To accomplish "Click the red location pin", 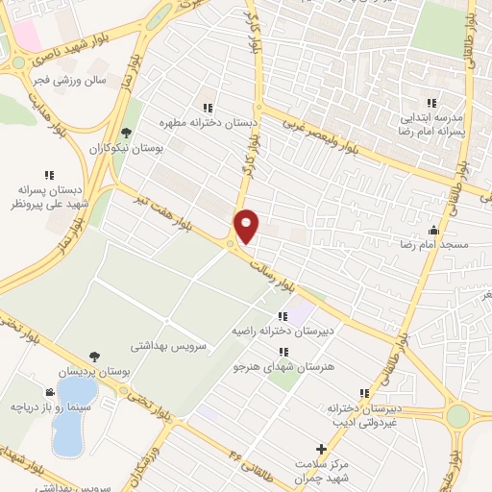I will pos(247,226).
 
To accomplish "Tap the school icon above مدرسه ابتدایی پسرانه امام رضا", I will pos(430,103).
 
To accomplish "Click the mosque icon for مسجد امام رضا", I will pos(433,230).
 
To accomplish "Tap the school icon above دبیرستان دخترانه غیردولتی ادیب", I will pos(363,393).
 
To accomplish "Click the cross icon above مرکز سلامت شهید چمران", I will pos(321,449).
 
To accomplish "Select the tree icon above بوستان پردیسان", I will pos(93,356).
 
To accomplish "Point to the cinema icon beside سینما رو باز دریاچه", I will pos(49,392).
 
